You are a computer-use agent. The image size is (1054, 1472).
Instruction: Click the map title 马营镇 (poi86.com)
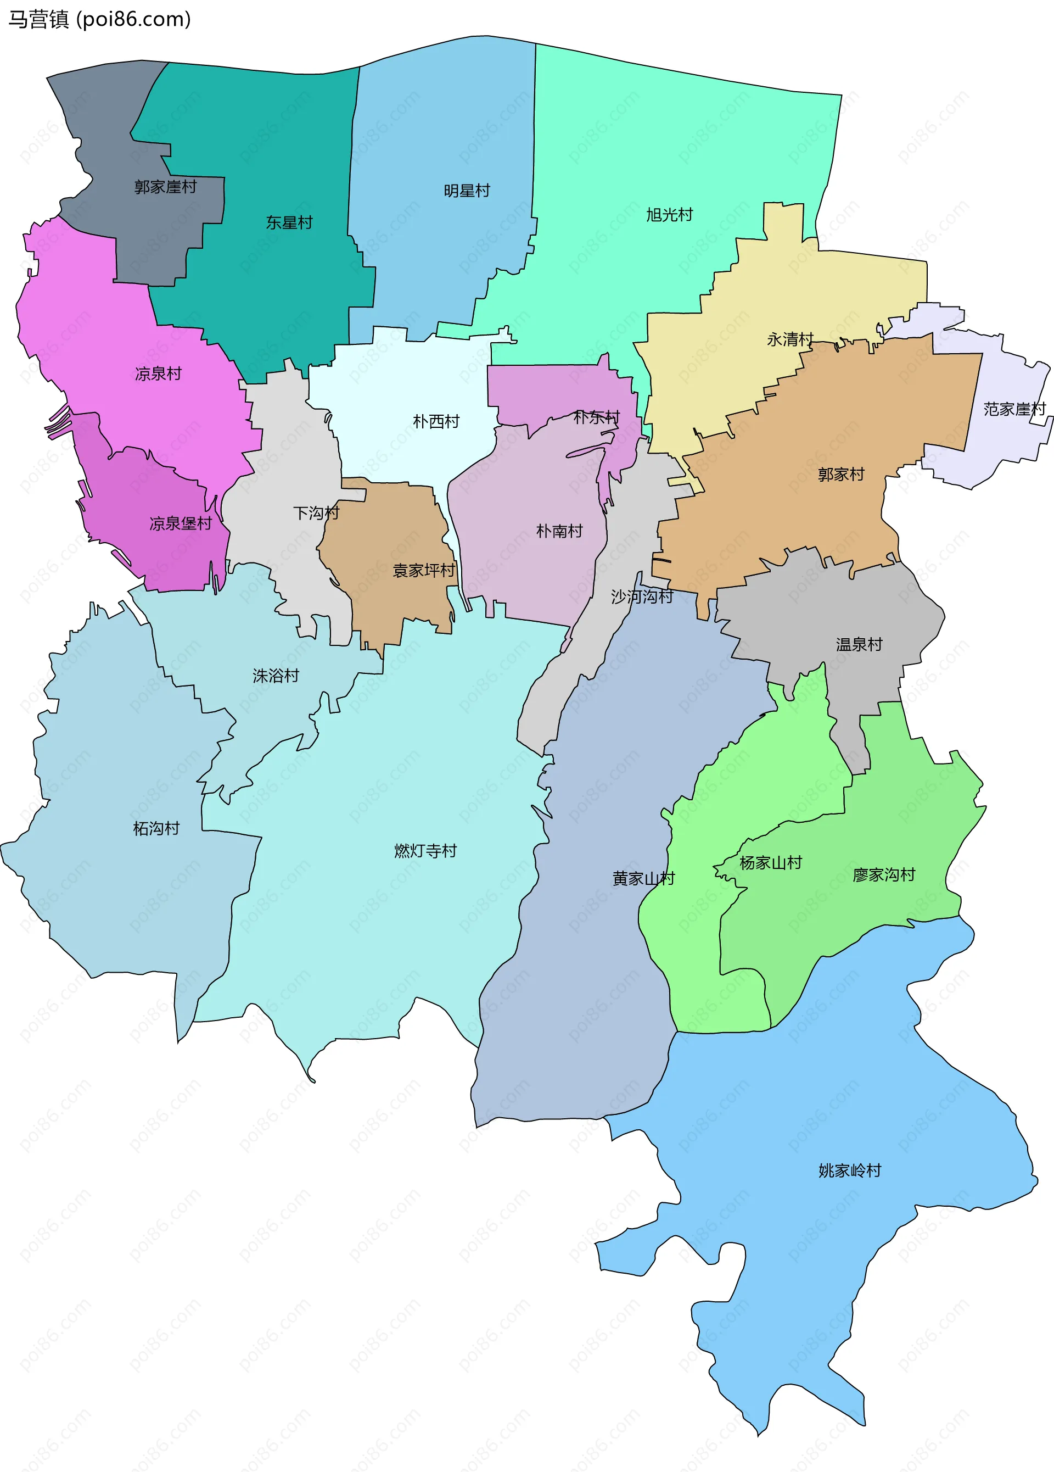tap(99, 19)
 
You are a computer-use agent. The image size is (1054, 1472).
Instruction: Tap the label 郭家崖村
tap(165, 187)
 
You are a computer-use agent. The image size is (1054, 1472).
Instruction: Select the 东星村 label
tap(289, 222)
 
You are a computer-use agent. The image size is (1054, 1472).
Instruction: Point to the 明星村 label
tap(467, 191)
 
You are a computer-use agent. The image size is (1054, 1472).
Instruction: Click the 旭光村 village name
tap(669, 215)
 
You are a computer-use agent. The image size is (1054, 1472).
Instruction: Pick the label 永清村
tap(790, 339)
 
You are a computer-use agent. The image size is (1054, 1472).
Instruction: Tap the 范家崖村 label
tap(1014, 409)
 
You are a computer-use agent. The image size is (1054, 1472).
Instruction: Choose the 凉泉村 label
tap(158, 374)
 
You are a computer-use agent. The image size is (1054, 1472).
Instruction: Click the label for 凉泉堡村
tap(180, 523)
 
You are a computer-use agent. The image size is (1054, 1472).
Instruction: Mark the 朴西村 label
tap(436, 422)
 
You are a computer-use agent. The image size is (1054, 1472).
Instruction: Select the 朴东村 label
tap(597, 417)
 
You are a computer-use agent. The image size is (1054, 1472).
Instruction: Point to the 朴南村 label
tap(559, 531)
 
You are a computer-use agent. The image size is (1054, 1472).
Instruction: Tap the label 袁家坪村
tap(424, 571)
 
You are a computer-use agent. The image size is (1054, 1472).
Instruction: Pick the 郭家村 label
tap(841, 475)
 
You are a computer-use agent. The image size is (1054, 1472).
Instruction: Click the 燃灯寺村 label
tap(425, 850)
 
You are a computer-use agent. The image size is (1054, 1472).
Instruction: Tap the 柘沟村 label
tap(156, 828)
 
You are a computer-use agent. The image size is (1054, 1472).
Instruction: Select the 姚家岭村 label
tap(850, 1170)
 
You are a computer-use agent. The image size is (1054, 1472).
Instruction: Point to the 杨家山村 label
tap(771, 862)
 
